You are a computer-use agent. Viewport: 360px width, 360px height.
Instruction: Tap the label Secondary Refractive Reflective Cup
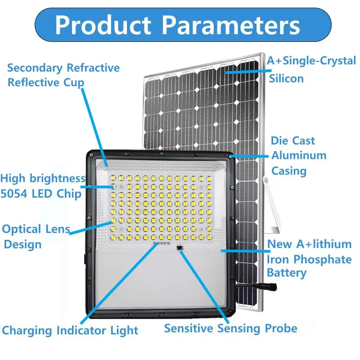[63, 75]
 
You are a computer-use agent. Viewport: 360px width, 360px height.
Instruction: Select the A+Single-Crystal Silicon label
[311, 69]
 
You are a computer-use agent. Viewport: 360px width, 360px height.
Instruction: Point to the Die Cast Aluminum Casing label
[298, 156]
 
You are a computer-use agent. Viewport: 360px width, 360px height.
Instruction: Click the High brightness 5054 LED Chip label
[42, 186]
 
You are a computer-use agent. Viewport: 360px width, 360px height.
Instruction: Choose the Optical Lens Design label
[36, 237]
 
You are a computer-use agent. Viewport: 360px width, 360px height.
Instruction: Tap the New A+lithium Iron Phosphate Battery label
[309, 258]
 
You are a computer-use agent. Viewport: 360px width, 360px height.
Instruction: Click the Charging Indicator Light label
[70, 331]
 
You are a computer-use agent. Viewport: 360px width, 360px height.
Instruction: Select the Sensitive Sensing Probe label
[230, 328]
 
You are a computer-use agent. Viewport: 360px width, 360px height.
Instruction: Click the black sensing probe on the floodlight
[180, 247]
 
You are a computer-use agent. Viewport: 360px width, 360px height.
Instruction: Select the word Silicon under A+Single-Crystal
[286, 78]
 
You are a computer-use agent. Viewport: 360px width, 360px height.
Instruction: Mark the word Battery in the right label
[286, 273]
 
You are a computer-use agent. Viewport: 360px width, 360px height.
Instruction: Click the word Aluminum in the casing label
[298, 156]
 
